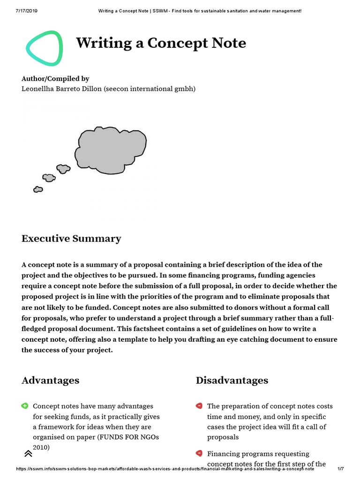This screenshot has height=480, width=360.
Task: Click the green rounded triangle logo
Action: coord(44,48)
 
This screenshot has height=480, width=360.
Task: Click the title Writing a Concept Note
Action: coord(161,43)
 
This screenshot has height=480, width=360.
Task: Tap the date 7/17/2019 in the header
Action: coord(26,11)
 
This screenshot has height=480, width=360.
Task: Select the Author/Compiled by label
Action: coord(55,79)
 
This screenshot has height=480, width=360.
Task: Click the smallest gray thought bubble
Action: coord(38,189)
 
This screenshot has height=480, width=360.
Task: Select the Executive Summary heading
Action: coord(71,239)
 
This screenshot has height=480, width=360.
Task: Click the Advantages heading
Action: coord(50,380)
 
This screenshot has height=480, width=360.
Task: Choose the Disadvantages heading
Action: coord(232,380)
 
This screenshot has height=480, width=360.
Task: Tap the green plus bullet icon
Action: coord(24,406)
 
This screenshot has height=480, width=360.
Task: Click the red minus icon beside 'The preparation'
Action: coord(199,406)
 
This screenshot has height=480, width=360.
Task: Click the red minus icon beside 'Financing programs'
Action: coord(199,453)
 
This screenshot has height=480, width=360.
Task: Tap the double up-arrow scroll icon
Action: coord(28,453)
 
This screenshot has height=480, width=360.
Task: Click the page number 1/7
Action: coord(340,469)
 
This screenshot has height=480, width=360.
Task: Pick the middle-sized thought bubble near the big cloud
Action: coord(63,168)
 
